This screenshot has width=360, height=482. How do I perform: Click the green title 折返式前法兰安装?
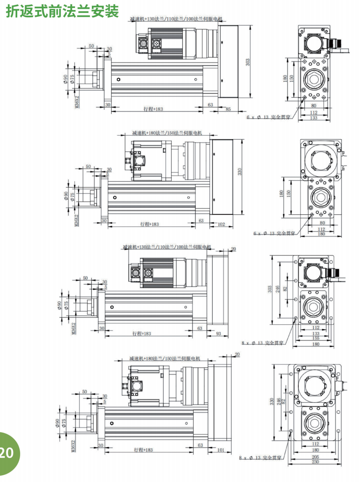(63, 11)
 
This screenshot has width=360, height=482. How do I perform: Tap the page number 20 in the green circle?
(7, 452)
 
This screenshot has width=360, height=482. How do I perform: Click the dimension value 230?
(315, 462)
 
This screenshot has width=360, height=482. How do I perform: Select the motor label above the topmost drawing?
(176, 19)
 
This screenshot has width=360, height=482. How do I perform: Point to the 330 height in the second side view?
(240, 172)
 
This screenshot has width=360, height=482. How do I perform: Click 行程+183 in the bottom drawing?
(144, 450)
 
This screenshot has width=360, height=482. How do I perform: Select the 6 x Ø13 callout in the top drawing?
(267, 117)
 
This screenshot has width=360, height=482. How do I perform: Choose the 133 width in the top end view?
(314, 118)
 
